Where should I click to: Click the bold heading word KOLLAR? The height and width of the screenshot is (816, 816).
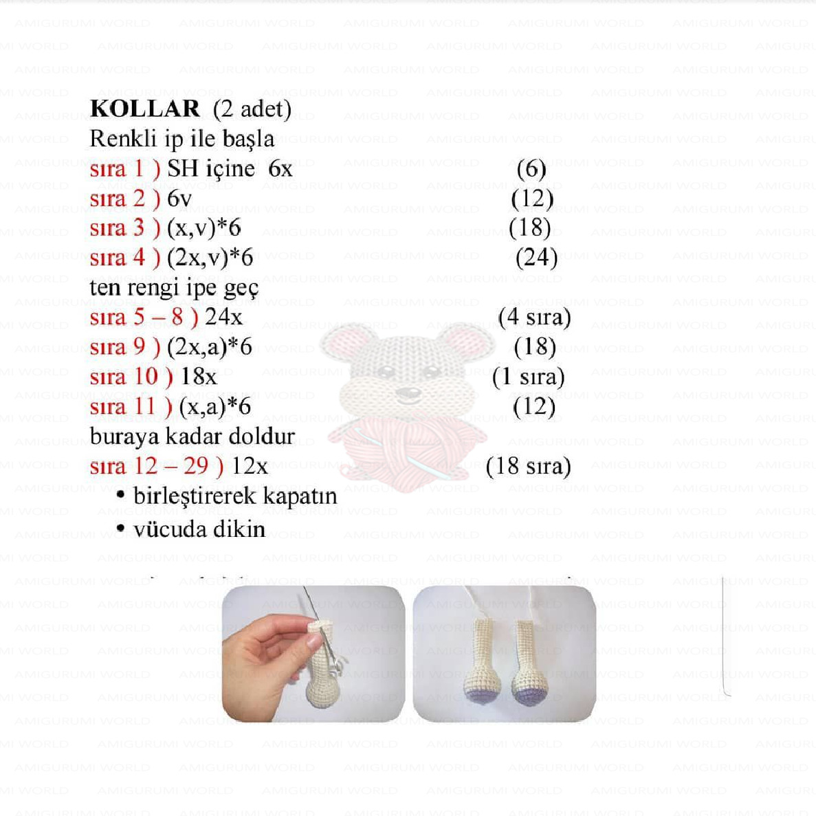click(144, 109)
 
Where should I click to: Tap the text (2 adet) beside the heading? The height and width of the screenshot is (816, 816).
click(252, 109)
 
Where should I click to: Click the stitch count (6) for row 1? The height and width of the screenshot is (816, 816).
click(531, 168)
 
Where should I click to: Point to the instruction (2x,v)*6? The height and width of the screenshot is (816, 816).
click(210, 258)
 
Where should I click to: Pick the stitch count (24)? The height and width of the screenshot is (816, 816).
click(536, 257)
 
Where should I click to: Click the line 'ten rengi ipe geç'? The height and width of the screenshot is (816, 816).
click(174, 287)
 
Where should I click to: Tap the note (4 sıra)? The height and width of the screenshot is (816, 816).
click(534, 317)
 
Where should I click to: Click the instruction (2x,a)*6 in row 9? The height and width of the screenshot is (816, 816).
click(209, 346)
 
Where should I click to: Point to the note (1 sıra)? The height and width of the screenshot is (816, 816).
click(528, 377)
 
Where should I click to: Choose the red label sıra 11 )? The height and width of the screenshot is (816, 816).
click(131, 406)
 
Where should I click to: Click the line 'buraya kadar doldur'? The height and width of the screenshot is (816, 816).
click(192, 437)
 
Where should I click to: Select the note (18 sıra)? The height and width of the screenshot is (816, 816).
click(528, 466)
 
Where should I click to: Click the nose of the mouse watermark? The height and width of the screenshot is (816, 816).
click(410, 394)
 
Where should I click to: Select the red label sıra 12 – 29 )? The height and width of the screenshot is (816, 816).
click(156, 466)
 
